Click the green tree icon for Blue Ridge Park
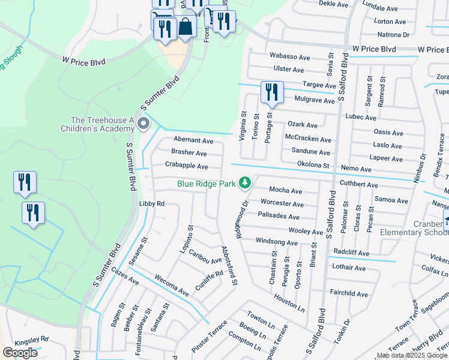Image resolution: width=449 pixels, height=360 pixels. pyautogui.click(x=244, y=182)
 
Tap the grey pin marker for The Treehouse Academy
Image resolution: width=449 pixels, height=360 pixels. pyautogui.click(x=143, y=124)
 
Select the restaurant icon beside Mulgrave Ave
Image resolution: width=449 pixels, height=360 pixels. pyautogui.click(x=271, y=92)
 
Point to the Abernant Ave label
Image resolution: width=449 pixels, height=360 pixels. pyautogui.click(x=193, y=140)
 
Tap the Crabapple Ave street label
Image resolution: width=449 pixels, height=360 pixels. pyautogui.click(x=186, y=166)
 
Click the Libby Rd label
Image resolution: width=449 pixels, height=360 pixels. pyautogui.click(x=152, y=204)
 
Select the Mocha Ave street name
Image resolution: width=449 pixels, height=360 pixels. pyautogui.click(x=285, y=190)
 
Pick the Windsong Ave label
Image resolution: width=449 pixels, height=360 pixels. pyautogui.click(x=277, y=242)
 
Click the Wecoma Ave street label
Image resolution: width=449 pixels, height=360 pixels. pyautogui.click(x=172, y=286)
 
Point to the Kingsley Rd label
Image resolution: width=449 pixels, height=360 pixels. pyautogui.click(x=31, y=338)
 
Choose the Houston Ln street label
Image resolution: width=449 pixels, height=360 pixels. pyautogui.click(x=289, y=301)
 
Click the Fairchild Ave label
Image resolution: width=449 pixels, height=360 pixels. pyautogui.click(x=349, y=294)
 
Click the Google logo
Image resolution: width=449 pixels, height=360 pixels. pyautogui.click(x=20, y=353)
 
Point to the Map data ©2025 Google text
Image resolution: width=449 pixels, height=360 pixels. pyautogui.click(x=412, y=355)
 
